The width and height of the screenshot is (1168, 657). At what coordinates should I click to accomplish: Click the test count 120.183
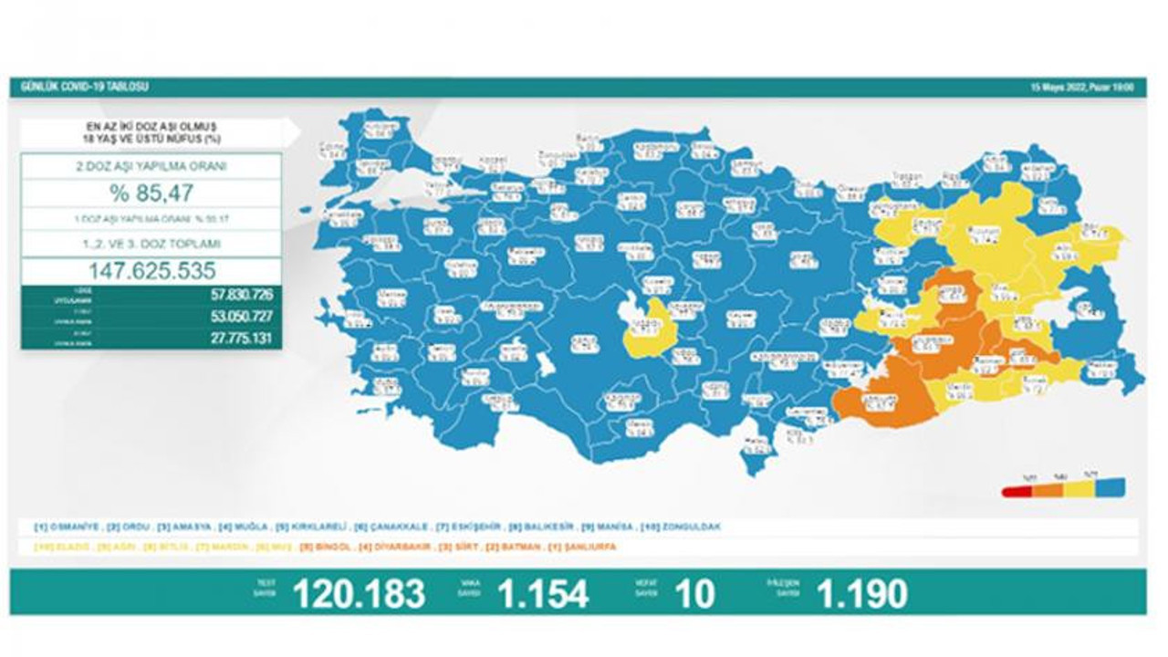pos(359,594)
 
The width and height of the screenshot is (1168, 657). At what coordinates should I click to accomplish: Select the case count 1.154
pos(542,594)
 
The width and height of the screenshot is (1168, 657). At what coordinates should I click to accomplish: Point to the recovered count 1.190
pos(862,594)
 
